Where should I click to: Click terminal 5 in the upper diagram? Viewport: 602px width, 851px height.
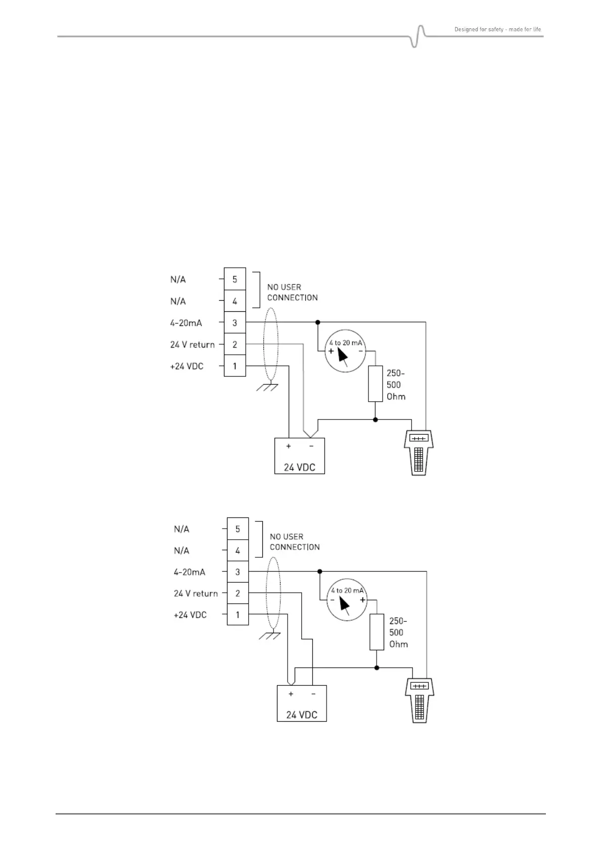235,279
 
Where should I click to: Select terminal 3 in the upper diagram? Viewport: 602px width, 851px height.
235,322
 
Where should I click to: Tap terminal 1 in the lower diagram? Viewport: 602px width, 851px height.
238,615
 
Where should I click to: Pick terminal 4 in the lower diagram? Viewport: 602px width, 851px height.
238,550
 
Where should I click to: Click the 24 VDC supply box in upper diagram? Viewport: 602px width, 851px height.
299,456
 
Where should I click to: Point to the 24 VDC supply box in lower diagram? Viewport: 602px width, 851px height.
302,703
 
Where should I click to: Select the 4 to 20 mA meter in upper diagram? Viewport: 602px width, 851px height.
346,351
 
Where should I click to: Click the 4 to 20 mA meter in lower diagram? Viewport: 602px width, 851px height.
346,599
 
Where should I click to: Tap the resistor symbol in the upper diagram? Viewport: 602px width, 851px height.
375,384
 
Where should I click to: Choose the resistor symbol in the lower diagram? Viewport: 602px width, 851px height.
377,632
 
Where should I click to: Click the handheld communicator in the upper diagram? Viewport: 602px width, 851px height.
419,453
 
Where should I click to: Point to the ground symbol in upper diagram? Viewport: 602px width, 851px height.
267,388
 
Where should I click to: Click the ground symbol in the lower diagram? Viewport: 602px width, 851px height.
270,636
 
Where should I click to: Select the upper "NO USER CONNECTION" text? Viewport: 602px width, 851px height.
292,292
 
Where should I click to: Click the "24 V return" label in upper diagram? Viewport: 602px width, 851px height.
192,345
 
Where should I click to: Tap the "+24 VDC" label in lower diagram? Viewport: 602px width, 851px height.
190,615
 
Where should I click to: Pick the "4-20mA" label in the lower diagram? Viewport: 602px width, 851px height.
190,572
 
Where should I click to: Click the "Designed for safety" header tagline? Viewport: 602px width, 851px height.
497,29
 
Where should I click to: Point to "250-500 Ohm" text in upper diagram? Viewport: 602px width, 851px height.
396,385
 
